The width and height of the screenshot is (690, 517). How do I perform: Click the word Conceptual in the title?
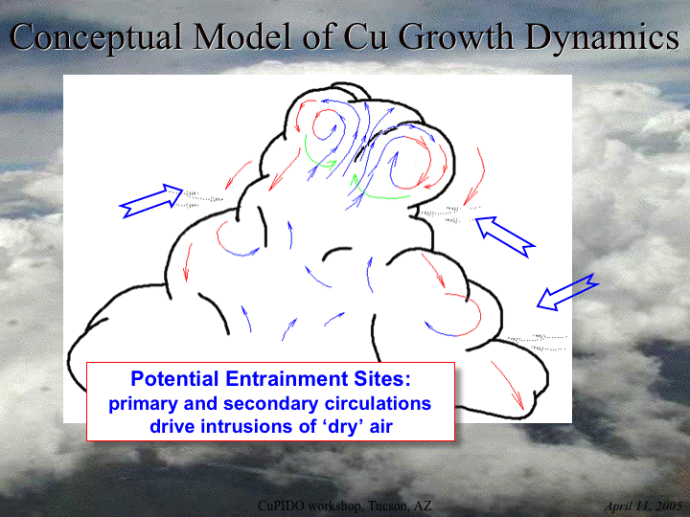(x=96, y=37)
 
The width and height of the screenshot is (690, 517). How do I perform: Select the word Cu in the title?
(x=366, y=36)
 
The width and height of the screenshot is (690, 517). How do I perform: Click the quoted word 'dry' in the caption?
(x=337, y=427)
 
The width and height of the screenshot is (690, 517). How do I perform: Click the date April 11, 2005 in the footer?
(x=643, y=506)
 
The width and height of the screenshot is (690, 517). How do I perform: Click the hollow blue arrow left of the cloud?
(x=151, y=201)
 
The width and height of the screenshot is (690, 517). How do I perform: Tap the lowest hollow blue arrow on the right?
(x=567, y=292)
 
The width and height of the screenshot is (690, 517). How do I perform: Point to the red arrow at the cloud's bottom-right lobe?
(x=508, y=386)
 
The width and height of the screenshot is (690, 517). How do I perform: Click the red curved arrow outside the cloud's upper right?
(x=475, y=176)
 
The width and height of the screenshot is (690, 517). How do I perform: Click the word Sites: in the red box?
(x=384, y=378)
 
